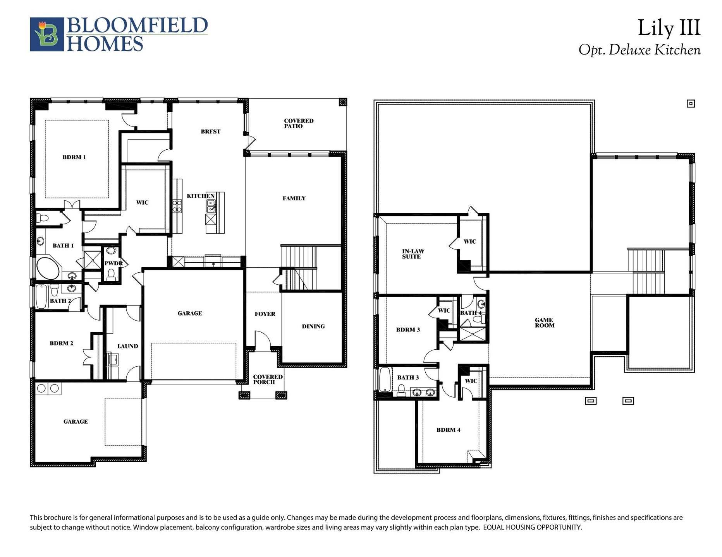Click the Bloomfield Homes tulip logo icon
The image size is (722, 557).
click(47, 34)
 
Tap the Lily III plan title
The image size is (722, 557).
click(669, 28)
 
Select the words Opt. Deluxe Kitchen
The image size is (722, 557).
click(639, 50)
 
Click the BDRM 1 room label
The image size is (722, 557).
click(74, 157)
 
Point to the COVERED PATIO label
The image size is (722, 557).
click(298, 123)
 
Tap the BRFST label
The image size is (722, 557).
click(210, 132)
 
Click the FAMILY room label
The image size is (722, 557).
click(294, 198)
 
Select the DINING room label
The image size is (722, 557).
click(313, 326)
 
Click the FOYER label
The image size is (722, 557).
click(265, 314)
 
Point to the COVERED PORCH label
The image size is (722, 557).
click(267, 379)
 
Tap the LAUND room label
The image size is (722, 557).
click(127, 346)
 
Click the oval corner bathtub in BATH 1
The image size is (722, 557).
click(48, 268)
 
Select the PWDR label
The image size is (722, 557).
click(113, 263)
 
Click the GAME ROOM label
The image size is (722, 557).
click(544, 323)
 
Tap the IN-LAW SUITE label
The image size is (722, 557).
click(413, 254)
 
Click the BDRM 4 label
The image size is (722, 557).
click(448, 430)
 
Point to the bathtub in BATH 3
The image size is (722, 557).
click(385, 380)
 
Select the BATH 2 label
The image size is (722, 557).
click(60, 301)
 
